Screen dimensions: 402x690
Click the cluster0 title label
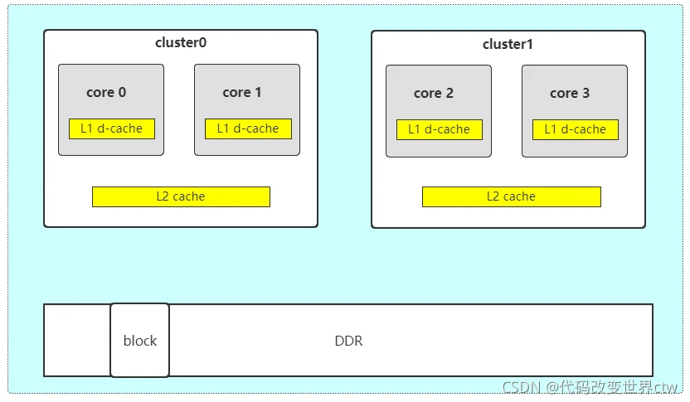180,43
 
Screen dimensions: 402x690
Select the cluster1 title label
508,44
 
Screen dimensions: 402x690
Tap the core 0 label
106,93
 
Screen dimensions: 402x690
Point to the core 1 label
242,93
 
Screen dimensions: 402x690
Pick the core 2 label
434,94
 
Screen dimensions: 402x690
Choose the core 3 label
570,94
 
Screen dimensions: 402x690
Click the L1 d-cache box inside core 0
112,128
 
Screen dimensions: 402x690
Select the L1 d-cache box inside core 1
248,128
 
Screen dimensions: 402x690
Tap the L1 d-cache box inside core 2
439,129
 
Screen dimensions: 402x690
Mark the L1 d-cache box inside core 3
575,129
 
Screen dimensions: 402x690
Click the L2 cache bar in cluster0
181,196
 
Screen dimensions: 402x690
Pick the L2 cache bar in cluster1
511,196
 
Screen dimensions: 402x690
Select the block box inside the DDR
139,340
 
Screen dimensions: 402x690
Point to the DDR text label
348,341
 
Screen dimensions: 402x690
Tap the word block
140,341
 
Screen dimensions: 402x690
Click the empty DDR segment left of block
77,340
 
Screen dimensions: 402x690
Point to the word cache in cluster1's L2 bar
519,196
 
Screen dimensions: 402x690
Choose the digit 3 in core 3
586,94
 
